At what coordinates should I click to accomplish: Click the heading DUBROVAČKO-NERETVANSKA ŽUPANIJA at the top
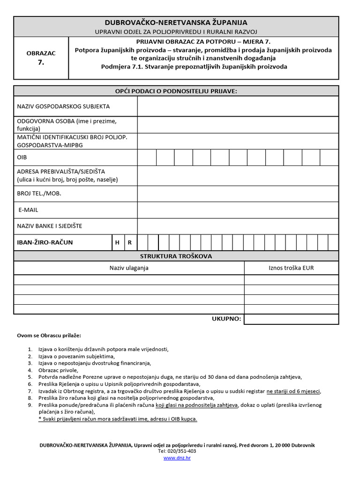[176, 22]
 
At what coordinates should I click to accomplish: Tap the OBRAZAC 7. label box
[41, 57]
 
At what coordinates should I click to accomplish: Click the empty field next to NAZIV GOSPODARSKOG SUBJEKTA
[238, 106]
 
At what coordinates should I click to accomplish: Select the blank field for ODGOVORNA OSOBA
[238, 125]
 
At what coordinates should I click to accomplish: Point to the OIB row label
[22, 157]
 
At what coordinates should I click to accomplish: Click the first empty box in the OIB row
[147, 157]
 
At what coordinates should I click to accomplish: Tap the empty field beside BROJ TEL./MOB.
[238, 193]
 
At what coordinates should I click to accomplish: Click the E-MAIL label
[28, 210]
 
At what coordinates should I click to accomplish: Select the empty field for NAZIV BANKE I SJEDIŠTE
[238, 226]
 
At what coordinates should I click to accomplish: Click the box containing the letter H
[117, 243]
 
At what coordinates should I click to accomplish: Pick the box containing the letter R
[130, 243]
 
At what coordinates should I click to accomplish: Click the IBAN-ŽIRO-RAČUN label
[45, 243]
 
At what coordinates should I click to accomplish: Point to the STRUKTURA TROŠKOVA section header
[176, 256]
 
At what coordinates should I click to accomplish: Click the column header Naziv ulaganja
[129, 268]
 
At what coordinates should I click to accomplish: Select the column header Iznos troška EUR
[291, 268]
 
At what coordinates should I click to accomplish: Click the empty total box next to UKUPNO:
[291, 319]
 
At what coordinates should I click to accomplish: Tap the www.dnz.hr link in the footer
[177, 457]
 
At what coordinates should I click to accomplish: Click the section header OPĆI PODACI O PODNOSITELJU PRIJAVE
[176, 91]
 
